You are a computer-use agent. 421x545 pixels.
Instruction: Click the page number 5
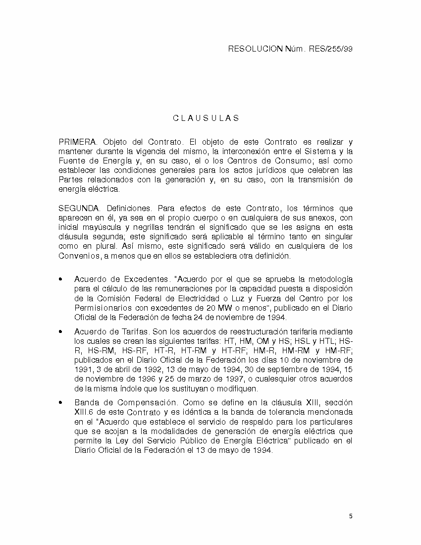click(351, 516)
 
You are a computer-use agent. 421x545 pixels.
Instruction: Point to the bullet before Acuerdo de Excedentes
click(60, 279)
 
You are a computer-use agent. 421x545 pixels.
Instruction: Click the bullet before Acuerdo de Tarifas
click(60, 331)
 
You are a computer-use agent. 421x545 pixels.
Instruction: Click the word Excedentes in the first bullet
click(146, 279)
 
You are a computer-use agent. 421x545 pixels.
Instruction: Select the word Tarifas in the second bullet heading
click(135, 331)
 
